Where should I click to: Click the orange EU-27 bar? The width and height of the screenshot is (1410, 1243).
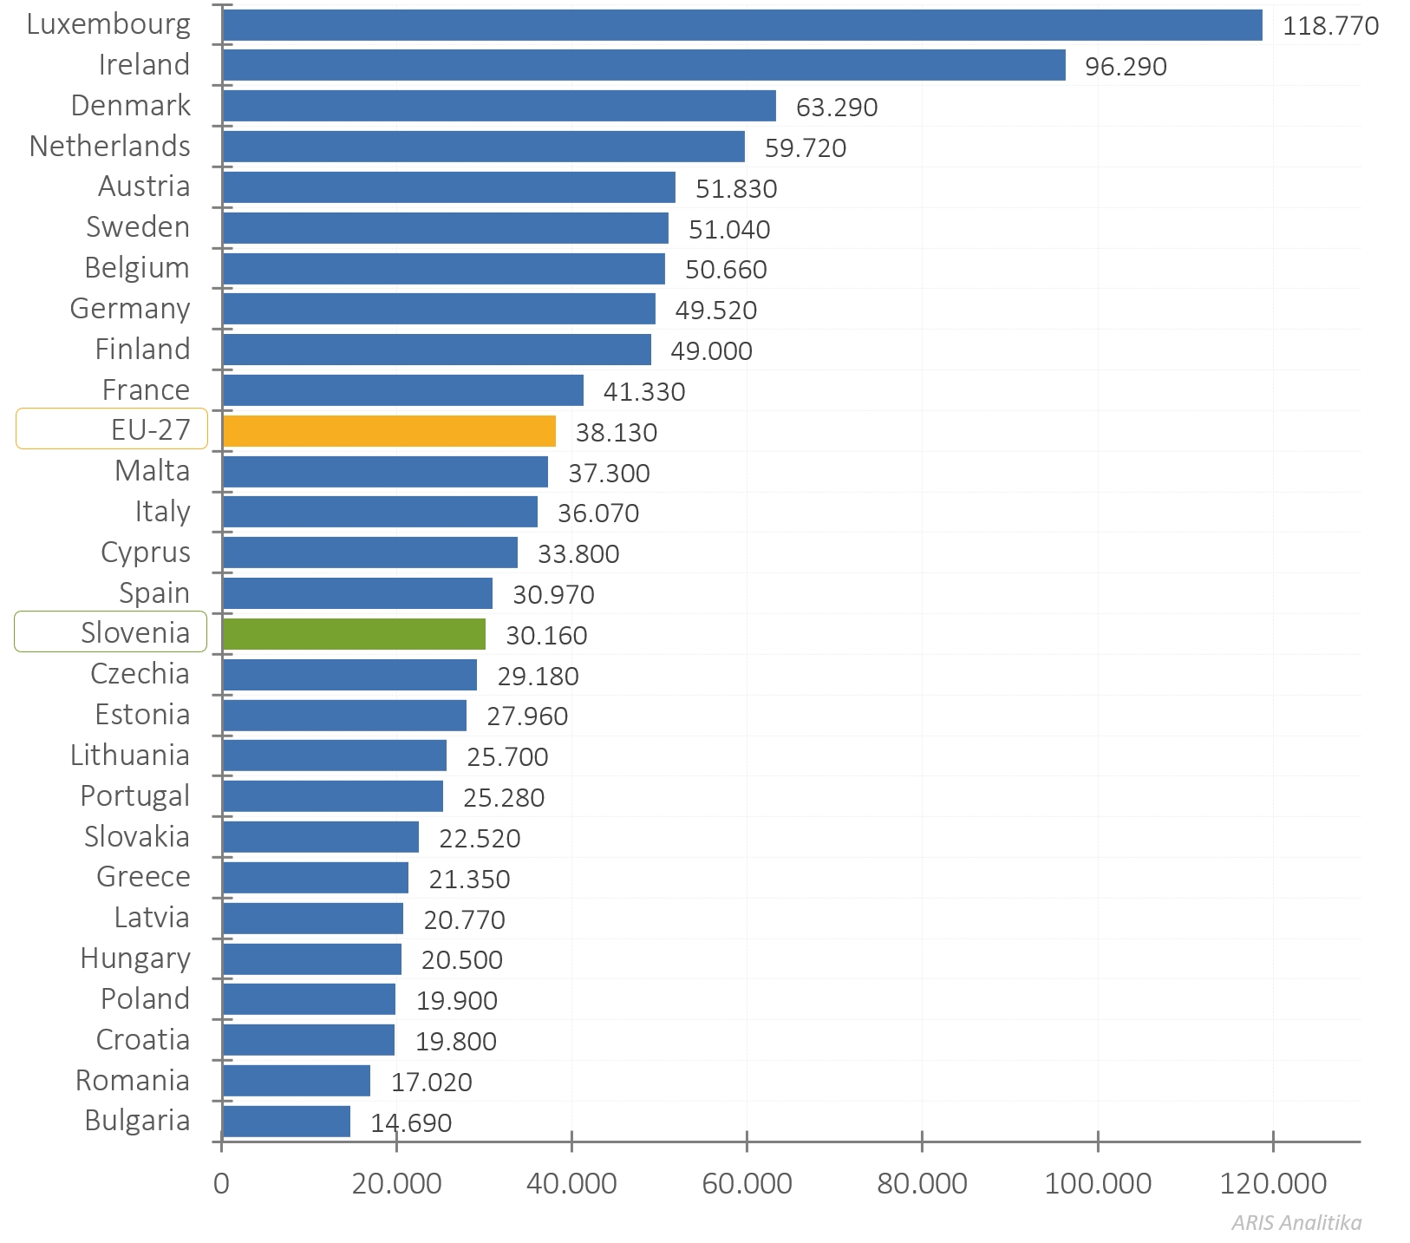(x=388, y=431)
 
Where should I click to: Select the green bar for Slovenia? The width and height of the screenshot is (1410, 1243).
(x=354, y=634)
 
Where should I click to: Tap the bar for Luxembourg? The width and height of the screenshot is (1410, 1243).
(x=741, y=25)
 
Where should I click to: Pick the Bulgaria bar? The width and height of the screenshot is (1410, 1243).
(x=286, y=1122)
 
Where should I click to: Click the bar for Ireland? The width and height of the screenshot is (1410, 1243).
(x=643, y=65)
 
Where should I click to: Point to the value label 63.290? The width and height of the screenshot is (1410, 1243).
(x=837, y=108)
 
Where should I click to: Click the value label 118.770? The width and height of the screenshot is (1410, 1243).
(x=1330, y=26)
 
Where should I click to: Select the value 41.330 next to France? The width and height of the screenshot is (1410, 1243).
(x=644, y=392)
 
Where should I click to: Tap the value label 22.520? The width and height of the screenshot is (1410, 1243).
(x=480, y=839)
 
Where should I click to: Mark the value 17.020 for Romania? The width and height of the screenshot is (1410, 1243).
(x=432, y=1083)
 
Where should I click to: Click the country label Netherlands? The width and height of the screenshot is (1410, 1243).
(x=110, y=147)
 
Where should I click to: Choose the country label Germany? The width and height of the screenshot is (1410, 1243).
(x=130, y=309)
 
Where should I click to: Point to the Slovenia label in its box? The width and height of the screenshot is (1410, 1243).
(x=135, y=633)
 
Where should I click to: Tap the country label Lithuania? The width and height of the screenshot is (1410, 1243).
(x=130, y=756)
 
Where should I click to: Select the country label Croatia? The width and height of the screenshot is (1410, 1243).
(x=143, y=1040)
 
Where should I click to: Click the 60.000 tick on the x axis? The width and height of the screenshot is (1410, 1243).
(x=747, y=1183)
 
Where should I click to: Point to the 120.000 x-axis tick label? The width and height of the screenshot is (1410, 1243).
(x=1272, y=1183)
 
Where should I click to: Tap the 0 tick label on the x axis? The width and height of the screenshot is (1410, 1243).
(x=222, y=1183)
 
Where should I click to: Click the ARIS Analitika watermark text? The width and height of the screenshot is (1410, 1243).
(x=1296, y=1223)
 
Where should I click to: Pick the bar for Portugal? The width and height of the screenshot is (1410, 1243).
(x=333, y=796)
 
